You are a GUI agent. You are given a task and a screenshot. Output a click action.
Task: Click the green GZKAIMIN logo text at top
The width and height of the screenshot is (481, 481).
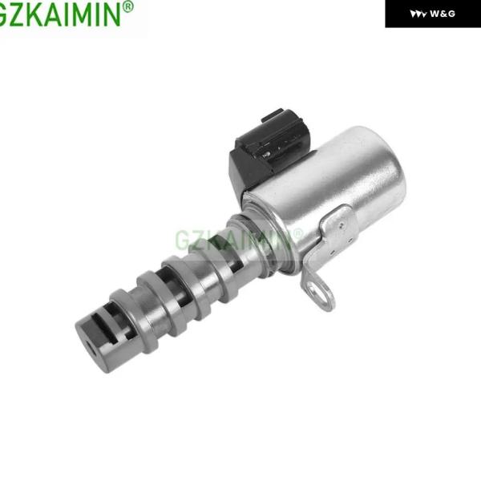pos(60,14)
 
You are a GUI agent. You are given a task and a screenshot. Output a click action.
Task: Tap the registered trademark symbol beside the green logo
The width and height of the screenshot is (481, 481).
pos(127,6)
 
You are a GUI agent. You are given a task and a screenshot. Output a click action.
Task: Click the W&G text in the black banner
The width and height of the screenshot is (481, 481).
pos(443,14)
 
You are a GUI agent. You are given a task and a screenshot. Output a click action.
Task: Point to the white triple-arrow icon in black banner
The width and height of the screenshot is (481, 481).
pos(418,14)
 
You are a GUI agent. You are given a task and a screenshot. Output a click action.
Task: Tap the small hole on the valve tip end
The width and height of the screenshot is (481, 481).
pos(91,349)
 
